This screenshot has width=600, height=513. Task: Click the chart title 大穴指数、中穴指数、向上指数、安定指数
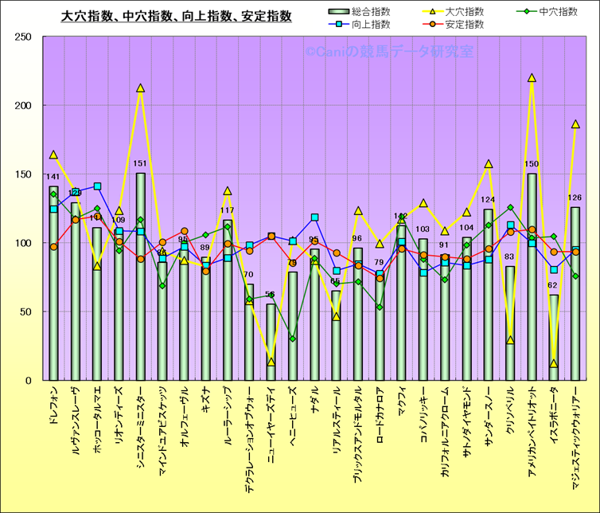(177, 16)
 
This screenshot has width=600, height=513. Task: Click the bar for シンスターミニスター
(141, 279)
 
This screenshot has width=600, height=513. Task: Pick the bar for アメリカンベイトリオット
(532, 279)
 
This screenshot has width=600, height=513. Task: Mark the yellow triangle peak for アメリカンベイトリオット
(532, 78)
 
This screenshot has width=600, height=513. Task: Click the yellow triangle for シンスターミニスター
(141, 88)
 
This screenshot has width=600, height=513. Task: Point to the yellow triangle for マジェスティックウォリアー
(575, 124)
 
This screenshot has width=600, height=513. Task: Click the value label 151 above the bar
(141, 164)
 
